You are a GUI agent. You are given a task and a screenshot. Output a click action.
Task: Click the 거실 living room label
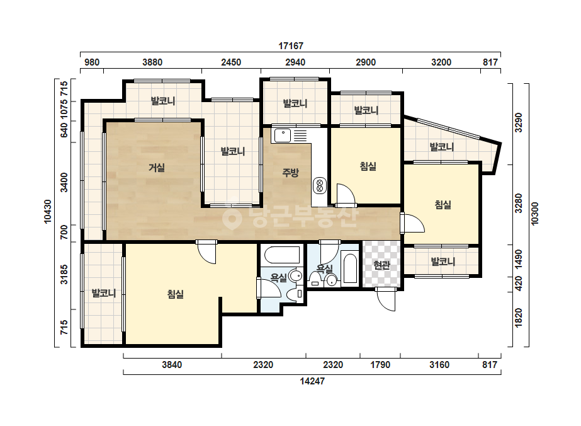(x=156, y=168)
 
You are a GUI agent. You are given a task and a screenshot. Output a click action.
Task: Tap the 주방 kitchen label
(x=290, y=172)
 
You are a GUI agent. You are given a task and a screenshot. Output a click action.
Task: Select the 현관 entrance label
(x=381, y=265)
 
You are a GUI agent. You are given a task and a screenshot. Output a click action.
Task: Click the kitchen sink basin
(x=283, y=136)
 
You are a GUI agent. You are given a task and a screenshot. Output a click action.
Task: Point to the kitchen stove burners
(x=319, y=185)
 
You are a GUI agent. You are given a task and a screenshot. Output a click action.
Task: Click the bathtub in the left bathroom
(x=282, y=255)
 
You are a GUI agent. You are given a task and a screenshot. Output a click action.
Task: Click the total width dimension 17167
(x=291, y=46)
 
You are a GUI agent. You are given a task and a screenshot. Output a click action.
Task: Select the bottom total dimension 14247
(x=312, y=381)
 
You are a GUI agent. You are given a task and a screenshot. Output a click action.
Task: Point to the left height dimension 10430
(x=48, y=212)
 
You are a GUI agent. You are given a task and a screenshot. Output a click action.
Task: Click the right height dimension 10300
(x=534, y=214)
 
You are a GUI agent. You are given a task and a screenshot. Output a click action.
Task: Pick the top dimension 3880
(x=152, y=62)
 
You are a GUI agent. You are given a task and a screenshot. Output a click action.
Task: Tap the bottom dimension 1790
(x=380, y=365)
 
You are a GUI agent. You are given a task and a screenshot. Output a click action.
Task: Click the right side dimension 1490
(x=519, y=260)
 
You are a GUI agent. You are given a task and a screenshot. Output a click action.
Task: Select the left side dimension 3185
(x=64, y=274)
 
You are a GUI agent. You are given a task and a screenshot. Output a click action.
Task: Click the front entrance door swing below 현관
(x=386, y=299)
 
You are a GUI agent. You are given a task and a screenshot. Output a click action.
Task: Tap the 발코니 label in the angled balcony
(x=441, y=147)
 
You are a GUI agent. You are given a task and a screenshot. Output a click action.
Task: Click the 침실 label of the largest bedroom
(x=175, y=294)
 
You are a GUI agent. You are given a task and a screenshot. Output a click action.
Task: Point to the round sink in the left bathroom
(x=296, y=276)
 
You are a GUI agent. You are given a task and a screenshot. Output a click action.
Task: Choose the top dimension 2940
(x=295, y=62)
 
